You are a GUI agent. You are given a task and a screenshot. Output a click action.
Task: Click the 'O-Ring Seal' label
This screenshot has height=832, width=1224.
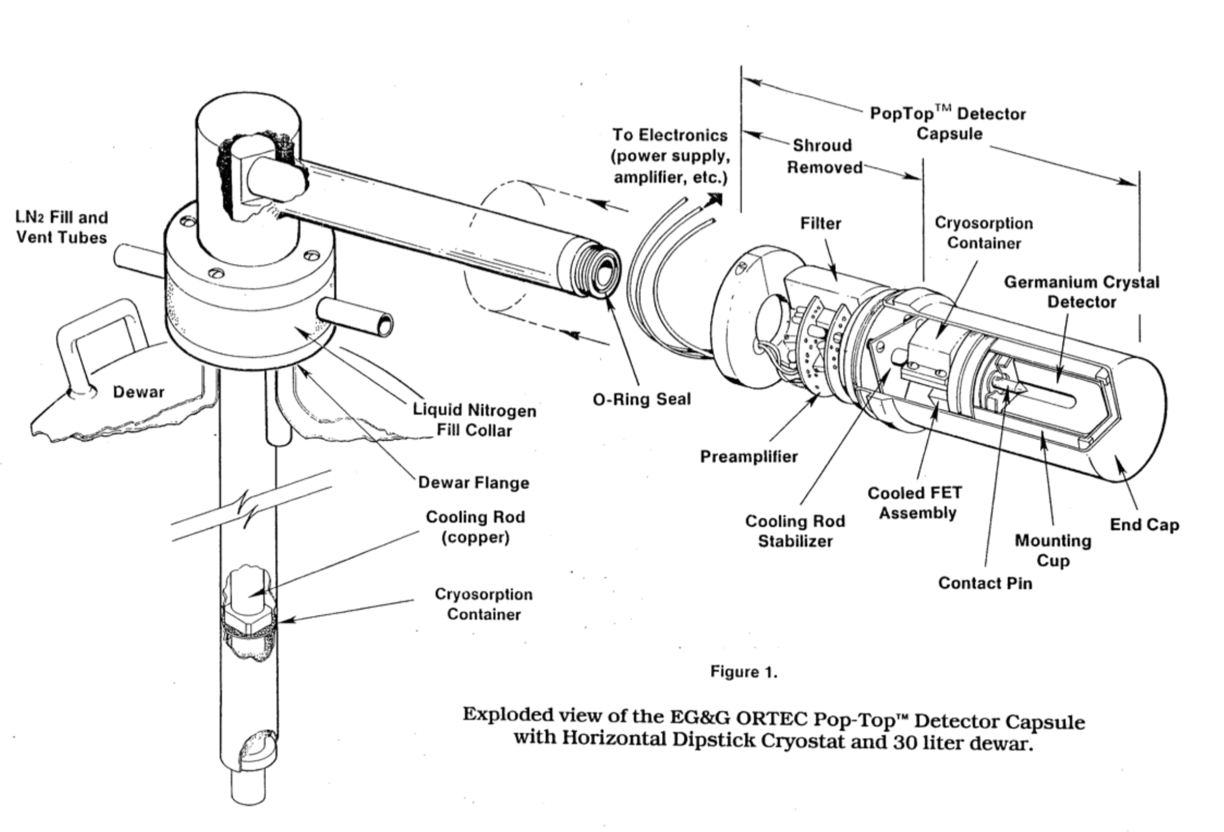(641, 399)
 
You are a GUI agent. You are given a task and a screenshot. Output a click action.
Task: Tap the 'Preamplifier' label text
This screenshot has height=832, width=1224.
(748, 457)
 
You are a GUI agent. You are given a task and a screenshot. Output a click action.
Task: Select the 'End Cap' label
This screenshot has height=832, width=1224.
(1143, 525)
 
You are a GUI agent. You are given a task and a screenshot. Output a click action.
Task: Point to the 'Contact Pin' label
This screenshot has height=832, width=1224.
(985, 583)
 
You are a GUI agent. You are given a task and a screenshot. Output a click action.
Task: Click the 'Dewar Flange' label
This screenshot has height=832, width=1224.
(473, 483)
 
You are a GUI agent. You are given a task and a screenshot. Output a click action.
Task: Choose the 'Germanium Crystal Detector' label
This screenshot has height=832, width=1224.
(1081, 292)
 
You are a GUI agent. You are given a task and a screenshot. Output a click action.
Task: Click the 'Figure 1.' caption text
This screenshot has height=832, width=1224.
(744, 673)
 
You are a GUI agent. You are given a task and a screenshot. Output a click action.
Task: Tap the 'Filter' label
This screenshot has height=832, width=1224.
(820, 223)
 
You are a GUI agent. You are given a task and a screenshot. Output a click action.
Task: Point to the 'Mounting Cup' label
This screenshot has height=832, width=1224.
(1052, 550)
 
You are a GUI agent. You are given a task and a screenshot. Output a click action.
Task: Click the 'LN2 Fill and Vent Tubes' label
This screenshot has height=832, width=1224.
(62, 227)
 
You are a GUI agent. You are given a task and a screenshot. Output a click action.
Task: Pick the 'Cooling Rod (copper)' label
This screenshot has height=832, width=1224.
(475, 527)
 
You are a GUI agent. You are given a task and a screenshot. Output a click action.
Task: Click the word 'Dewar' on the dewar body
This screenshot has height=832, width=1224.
(138, 392)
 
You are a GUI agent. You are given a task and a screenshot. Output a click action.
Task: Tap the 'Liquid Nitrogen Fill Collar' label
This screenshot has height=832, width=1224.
(474, 420)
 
